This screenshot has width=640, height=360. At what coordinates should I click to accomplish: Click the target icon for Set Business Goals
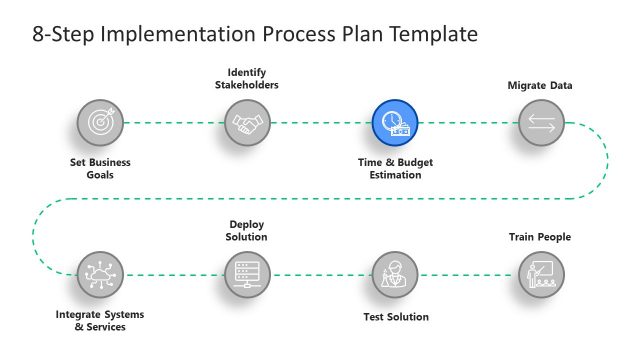(x=100, y=123)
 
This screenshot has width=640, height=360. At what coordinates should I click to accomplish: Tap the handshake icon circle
(x=246, y=123)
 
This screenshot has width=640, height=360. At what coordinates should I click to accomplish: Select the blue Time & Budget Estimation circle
(x=396, y=123)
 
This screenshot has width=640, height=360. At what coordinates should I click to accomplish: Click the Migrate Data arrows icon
(x=541, y=123)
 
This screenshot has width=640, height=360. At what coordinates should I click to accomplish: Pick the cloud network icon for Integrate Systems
(x=100, y=273)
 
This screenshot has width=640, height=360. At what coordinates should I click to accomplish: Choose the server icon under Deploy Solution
(x=246, y=273)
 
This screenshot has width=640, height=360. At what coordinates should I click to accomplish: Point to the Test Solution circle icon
(x=395, y=273)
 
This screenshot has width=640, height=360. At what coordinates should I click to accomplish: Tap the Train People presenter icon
(x=541, y=273)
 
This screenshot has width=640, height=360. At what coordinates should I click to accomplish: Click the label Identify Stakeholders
(x=246, y=78)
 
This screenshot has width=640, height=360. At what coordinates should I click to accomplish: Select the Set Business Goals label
(x=100, y=168)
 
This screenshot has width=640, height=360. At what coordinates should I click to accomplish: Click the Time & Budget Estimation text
(x=396, y=168)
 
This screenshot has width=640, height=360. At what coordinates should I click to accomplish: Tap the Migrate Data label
(x=540, y=86)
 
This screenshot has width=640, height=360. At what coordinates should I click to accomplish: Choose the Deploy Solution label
(x=246, y=231)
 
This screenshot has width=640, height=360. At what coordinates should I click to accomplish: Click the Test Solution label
(x=395, y=317)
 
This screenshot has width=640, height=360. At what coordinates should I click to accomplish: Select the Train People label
(x=540, y=237)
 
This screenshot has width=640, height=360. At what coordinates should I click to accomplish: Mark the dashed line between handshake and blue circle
(x=320, y=123)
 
